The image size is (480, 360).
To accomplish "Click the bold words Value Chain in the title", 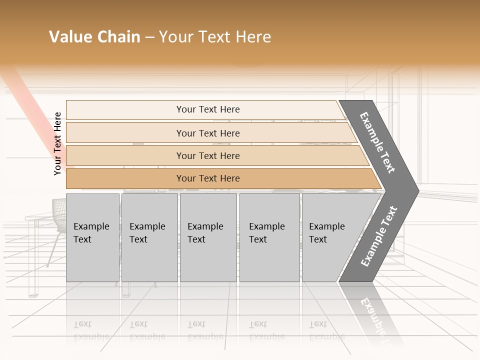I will coord(94,37).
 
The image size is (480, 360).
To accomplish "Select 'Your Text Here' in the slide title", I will coord(215,37).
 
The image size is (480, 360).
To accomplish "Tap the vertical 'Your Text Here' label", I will coord(57,143).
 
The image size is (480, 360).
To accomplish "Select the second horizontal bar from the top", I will coord(207,133).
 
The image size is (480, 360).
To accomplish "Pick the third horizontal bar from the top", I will coord(207,155).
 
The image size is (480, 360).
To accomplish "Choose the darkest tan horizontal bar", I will coord(207,178).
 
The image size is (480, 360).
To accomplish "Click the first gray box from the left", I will coord(92,237).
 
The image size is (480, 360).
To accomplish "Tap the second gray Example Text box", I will coord(149,237).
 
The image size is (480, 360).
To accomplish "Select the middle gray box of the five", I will coord(208,237).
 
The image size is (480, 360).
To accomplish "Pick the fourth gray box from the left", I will coord(269,237).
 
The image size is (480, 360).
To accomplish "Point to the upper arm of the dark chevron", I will coord(377,142).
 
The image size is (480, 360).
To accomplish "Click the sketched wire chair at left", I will coord(59,215).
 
